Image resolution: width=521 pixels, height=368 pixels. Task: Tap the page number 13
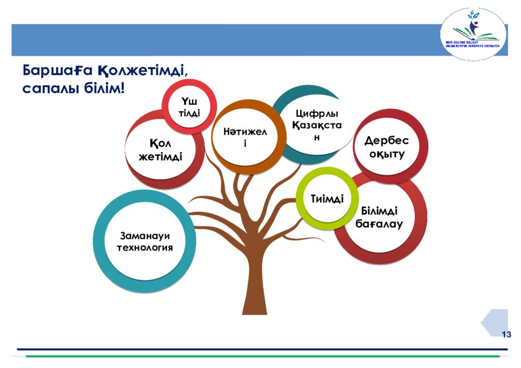coord(506,334)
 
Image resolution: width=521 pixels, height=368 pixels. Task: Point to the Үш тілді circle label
coord(189,107)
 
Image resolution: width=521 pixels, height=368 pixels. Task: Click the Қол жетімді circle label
coord(160,149)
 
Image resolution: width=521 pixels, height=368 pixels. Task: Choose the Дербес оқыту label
coord(387,147)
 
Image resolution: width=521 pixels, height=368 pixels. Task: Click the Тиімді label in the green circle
coord(327,198)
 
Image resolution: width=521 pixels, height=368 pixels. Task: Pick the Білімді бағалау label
coord(379,217)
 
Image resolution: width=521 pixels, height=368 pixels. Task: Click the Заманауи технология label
coord(145,241)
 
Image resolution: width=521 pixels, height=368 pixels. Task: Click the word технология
coord(145,248)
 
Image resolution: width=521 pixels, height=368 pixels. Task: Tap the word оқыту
coord(387,154)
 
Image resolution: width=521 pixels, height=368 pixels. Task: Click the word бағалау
coord(379,224)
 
